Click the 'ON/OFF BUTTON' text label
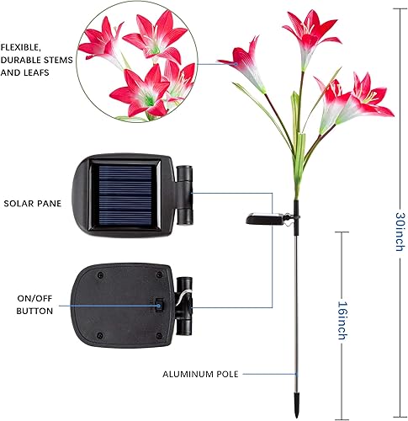[x=34, y=304]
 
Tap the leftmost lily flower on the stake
[x=244, y=67]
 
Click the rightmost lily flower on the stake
[x=368, y=99]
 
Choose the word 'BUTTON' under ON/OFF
[x=34, y=311]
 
